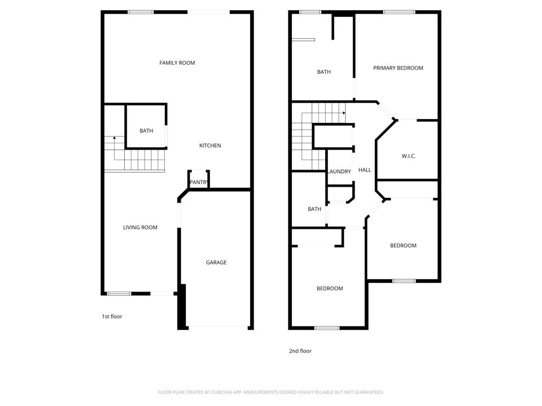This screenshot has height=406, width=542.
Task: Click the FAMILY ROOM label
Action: coord(177,63)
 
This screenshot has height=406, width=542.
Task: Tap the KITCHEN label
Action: coord(210,145)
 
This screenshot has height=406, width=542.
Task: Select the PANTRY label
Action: coord(199,182)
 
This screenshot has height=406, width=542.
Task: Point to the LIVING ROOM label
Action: coord(140,227)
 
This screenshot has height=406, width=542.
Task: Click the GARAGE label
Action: coord(216,262)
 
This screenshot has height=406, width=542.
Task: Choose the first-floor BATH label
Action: coord(146,131)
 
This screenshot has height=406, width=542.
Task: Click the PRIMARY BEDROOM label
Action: coord(398,68)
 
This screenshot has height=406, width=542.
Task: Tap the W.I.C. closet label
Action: coord(409,156)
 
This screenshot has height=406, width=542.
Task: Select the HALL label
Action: coord(365,170)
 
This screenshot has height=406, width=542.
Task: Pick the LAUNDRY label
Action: coord(339,171)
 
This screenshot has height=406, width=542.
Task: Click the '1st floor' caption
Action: coord(112,316)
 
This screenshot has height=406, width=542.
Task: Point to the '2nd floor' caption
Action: coord(300,351)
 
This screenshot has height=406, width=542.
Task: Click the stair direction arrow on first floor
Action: coord(115,138)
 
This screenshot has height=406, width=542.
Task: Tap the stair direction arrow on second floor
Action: coord(343,113)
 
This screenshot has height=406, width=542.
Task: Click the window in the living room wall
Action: coord(119,293)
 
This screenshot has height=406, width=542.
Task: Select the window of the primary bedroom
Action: coord(399,12)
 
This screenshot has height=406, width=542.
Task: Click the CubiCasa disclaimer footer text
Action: coord(271,392)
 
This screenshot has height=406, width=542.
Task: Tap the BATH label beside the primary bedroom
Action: coord(324,72)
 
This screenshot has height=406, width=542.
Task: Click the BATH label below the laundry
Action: coord(314,209)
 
